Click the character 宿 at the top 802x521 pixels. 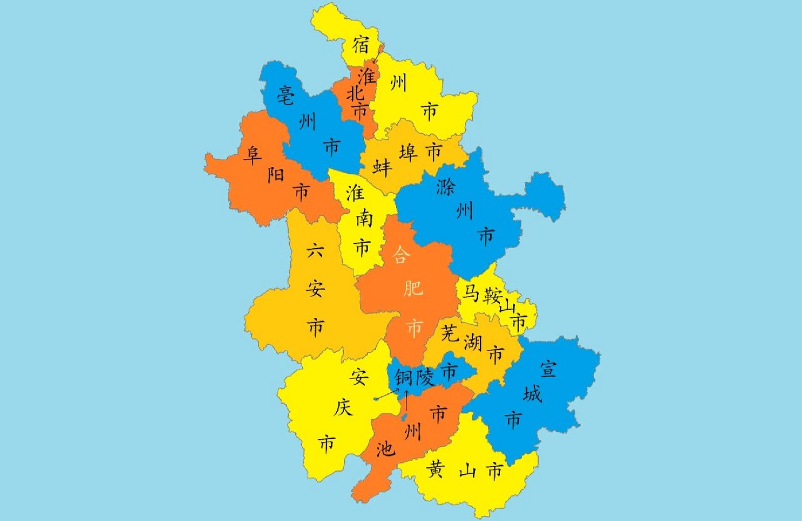361,44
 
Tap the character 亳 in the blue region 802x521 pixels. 286,96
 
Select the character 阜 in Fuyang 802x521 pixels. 252,155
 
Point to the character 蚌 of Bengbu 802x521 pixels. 382,167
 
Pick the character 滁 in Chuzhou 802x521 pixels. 446,186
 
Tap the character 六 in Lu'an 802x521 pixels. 315,250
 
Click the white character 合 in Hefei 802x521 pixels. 401,255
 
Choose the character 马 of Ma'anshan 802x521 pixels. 470,293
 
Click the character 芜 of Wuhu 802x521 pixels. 450,333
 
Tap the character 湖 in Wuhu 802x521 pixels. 472,343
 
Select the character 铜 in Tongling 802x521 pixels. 404,377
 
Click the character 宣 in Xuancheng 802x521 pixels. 548,369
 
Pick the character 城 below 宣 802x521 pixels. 532,394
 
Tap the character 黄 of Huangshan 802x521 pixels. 435,471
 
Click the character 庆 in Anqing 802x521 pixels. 343,407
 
